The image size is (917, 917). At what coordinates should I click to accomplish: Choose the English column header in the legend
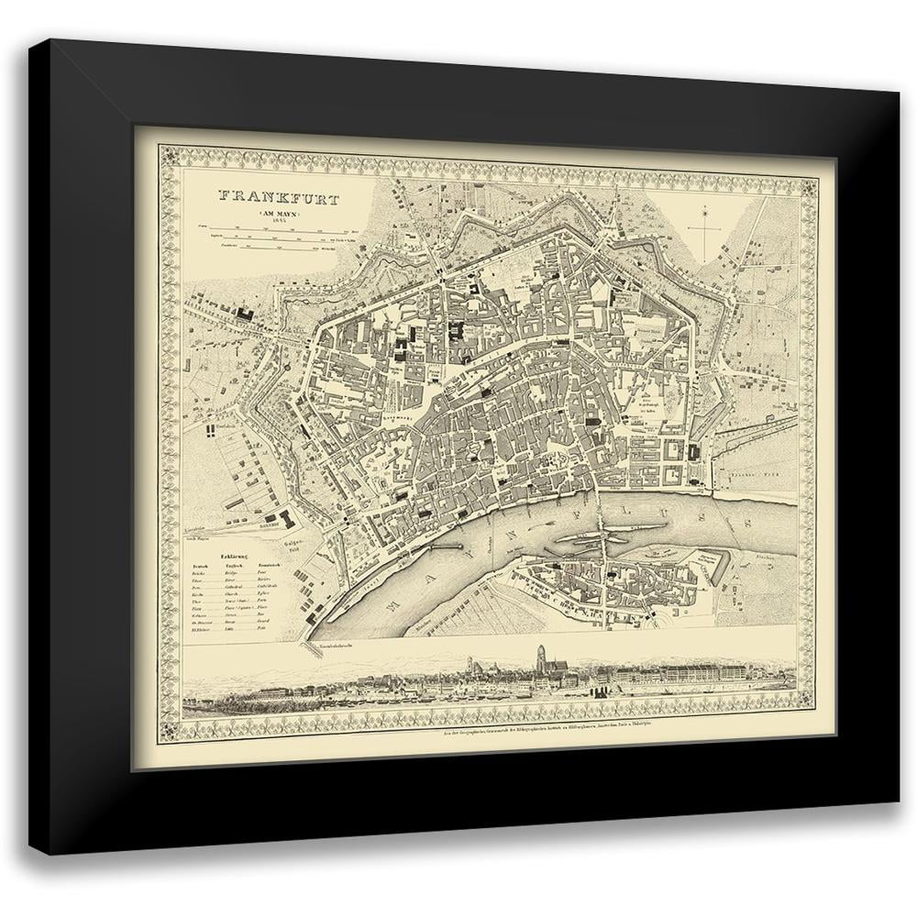coord(236,567)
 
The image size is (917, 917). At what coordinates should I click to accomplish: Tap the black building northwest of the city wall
coord(245,313)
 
